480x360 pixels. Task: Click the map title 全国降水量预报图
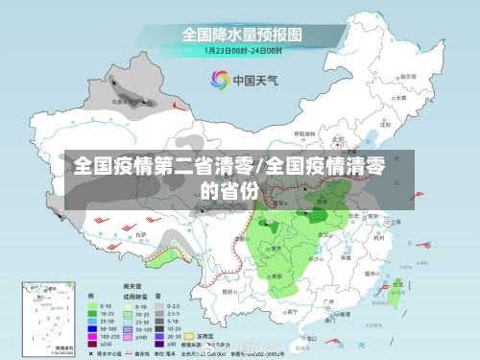pos(240,36)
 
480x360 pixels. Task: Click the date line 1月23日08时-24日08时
pos(240,51)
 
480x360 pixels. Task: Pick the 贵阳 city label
pos(276,275)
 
